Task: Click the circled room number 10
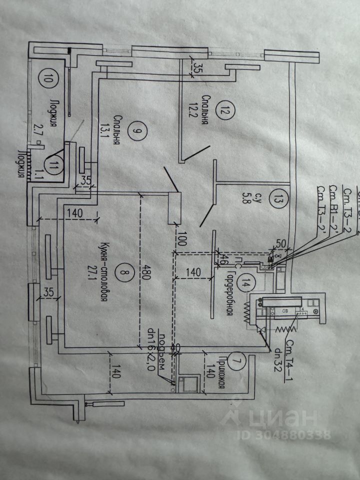(x=48, y=78)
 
